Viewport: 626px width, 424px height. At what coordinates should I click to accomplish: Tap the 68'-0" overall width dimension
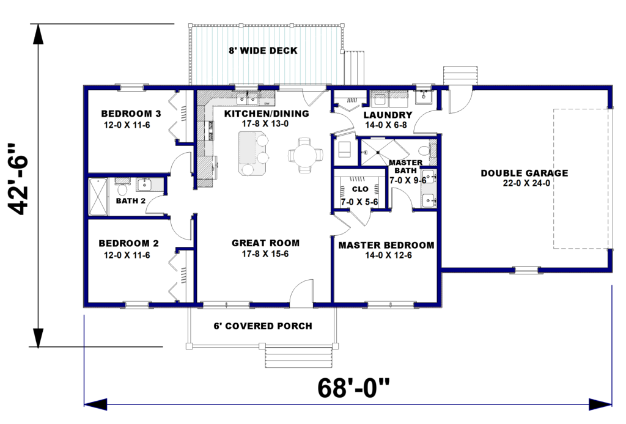pos(353,388)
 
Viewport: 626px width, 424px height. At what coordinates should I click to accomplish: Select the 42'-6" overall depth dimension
pos(18,178)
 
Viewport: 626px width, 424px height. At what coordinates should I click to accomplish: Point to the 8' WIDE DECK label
pos(263,51)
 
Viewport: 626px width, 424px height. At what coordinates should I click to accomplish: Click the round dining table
pos(306,155)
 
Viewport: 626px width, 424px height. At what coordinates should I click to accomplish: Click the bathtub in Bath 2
pos(98,197)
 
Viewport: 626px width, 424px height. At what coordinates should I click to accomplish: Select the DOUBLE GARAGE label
pos(524,173)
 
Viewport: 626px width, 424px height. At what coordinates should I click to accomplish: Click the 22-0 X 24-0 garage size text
pos(526,183)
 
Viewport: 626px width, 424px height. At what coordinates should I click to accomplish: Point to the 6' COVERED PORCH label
pos(263,326)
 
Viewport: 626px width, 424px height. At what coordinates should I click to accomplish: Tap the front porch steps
pos(298,357)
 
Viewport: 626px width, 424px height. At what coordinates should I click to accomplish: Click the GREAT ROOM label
pos(265,243)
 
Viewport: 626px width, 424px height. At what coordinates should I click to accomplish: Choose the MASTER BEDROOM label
pos(386,246)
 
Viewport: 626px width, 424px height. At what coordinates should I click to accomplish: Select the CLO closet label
pos(360,189)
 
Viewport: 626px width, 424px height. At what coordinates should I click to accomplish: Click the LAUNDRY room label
pos(388,115)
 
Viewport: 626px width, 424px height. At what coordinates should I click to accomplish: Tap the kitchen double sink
pos(248,97)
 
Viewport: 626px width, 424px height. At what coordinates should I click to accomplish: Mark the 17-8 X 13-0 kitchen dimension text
pos(265,123)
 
